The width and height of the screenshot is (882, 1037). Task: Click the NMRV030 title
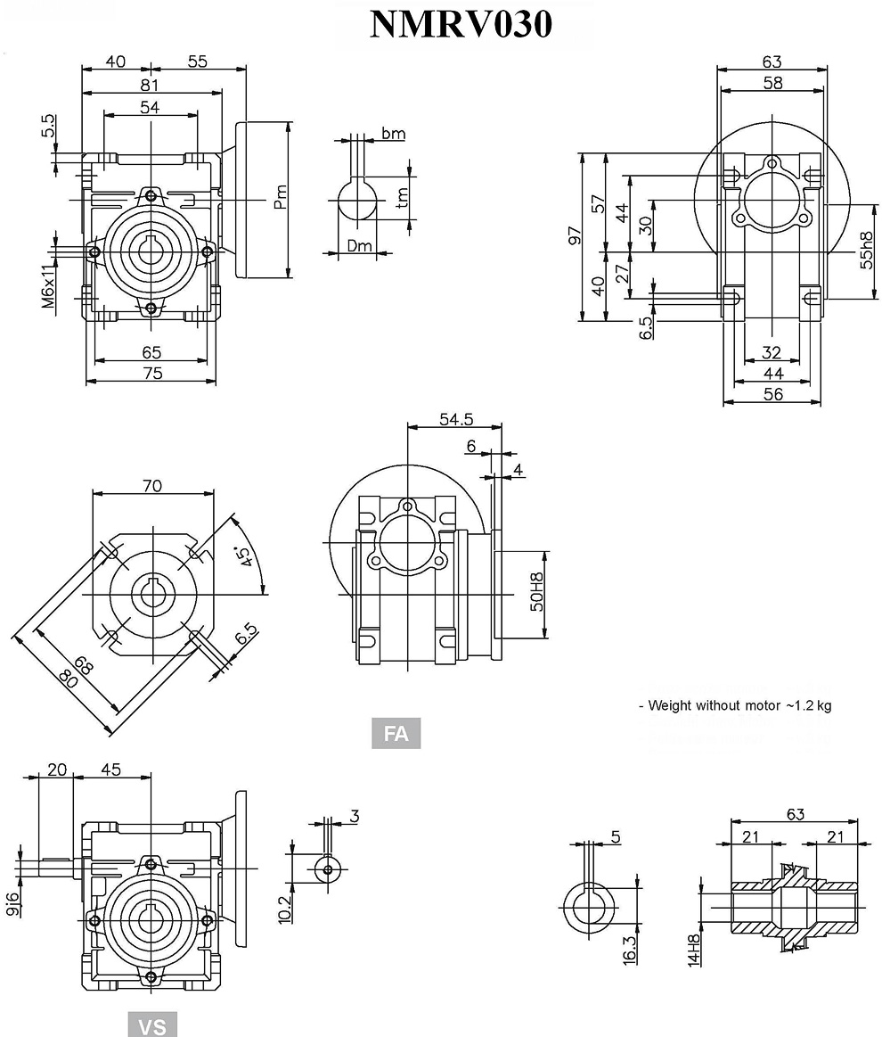pyautogui.click(x=461, y=25)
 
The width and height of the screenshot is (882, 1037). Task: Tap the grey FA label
pyautogui.click(x=396, y=733)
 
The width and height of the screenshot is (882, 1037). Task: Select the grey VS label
pyautogui.click(x=152, y=1025)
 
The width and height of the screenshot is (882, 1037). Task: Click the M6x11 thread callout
pyautogui.click(x=48, y=283)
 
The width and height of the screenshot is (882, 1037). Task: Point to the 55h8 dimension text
pyautogui.click(x=865, y=252)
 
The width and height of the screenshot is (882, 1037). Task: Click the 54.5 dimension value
pyautogui.click(x=455, y=419)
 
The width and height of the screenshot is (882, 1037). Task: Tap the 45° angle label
pyautogui.click(x=241, y=557)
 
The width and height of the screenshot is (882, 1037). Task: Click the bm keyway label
pyautogui.click(x=393, y=134)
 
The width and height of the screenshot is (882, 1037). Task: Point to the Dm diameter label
pyautogui.click(x=359, y=245)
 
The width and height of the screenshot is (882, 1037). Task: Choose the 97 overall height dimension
pyautogui.click(x=576, y=235)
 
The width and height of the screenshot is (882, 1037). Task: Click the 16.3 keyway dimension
pyautogui.click(x=629, y=948)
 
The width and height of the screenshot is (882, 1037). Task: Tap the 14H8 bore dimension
pyautogui.click(x=694, y=950)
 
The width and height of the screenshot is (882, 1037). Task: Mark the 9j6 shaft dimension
pyautogui.click(x=12, y=905)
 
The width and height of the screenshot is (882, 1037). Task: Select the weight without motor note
pyautogui.click(x=735, y=705)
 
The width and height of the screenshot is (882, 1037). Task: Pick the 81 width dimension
pyautogui.click(x=150, y=85)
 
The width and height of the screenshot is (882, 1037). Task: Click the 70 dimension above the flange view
pyautogui.click(x=152, y=486)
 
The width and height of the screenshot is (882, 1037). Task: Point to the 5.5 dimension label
pyautogui.click(x=48, y=125)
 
